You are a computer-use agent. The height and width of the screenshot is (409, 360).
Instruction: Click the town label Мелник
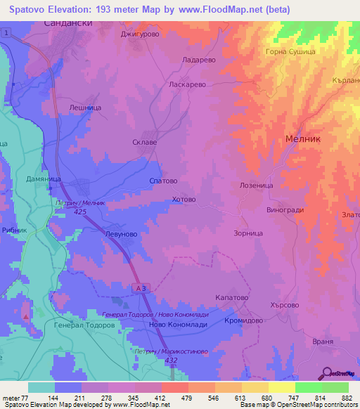coord(303,140)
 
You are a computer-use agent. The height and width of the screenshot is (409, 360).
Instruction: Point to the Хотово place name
coord(184,200)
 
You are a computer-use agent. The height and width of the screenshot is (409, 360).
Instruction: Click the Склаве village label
coord(145,140)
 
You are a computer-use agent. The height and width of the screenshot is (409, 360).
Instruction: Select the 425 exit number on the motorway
coord(79,211)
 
